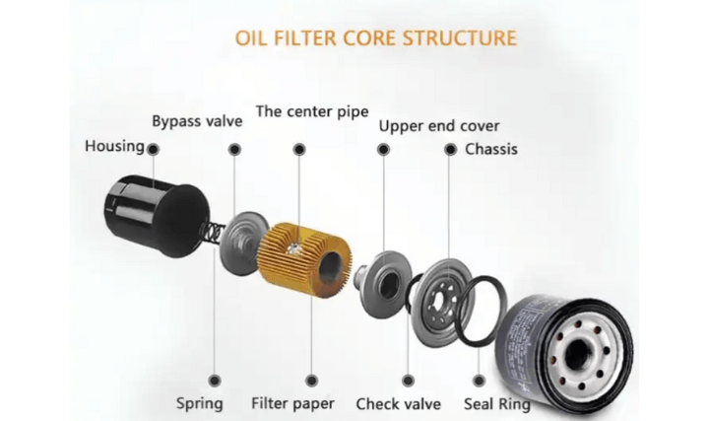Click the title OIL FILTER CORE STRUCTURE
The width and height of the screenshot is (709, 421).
point(375,39)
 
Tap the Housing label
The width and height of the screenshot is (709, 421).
point(114,147)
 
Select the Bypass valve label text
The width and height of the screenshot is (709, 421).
point(197,121)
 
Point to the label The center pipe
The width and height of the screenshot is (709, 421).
point(312,110)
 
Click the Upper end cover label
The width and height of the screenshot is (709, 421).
point(439,126)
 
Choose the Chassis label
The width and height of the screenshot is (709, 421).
point(490,150)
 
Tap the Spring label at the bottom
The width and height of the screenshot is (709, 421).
point(199,403)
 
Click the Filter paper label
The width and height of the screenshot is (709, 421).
point(292,403)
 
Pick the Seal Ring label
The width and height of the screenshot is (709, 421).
point(496,403)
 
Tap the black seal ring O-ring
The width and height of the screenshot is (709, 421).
point(482,311)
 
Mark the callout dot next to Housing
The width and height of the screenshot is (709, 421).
point(153,148)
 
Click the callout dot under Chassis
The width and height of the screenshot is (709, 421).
point(450,149)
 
